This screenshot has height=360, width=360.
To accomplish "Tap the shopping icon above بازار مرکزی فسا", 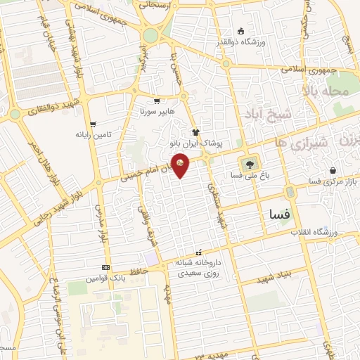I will pyautogui.click(x=333, y=171).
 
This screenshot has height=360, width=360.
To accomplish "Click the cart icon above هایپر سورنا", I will pyautogui.click(x=156, y=101).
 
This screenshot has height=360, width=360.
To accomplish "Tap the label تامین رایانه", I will pyautogui.click(x=94, y=134).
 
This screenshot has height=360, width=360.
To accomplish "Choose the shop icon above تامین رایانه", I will pyautogui.click(x=94, y=123).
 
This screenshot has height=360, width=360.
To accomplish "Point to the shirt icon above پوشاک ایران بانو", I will pyautogui.click(x=196, y=131).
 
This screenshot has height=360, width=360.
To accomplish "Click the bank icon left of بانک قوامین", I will pyautogui.click(x=106, y=268).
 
